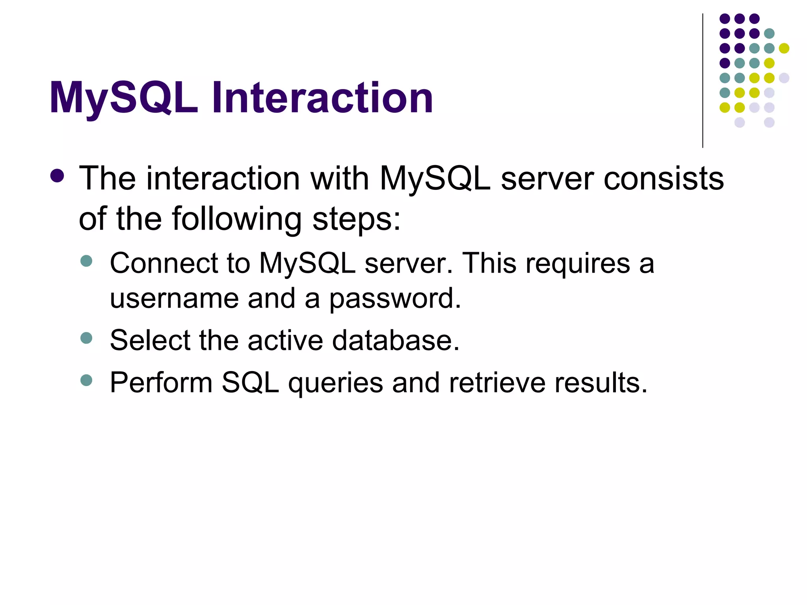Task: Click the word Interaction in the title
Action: (x=322, y=98)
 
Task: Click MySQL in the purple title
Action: (x=124, y=98)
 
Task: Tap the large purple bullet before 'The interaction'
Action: (x=58, y=176)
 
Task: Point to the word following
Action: (x=237, y=219)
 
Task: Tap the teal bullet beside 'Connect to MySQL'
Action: (x=86, y=261)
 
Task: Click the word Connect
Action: (x=164, y=263)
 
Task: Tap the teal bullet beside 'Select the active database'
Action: (x=86, y=338)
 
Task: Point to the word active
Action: (x=285, y=340)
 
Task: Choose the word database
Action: (x=396, y=340)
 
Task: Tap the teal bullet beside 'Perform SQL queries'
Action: (x=86, y=380)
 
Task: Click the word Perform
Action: (x=161, y=382)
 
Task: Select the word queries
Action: (x=335, y=383)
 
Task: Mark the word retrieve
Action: (x=497, y=382)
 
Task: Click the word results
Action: (x=601, y=382)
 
